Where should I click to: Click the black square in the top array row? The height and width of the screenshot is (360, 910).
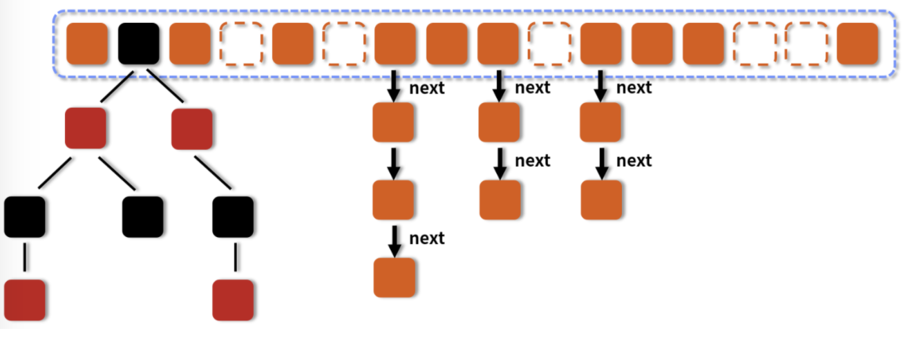pos(138,44)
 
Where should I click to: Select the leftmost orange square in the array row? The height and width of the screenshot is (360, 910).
pos(87,44)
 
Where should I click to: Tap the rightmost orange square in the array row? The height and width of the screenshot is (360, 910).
pos(857,44)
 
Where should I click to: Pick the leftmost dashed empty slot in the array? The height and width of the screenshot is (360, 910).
pos(241,44)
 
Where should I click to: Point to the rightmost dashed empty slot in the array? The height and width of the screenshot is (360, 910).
pos(806,44)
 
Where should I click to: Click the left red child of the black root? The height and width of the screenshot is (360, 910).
pos(86,128)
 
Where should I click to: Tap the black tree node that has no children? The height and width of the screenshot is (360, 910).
pos(142,216)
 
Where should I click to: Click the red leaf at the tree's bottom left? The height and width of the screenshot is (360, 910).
pos(25,300)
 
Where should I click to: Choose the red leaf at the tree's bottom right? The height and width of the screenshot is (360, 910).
pos(233,300)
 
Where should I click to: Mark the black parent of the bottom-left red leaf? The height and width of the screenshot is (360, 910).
pos(25,216)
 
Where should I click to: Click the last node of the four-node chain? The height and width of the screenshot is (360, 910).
pos(394,277)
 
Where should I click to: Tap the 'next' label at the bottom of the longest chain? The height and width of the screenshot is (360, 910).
pos(426,238)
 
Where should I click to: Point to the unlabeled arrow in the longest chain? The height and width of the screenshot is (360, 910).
pos(394,163)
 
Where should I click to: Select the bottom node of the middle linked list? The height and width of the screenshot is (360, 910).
pos(500,200)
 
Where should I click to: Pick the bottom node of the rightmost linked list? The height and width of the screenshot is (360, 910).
pos(601,200)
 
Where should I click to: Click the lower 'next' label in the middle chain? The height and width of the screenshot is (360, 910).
pos(532,160)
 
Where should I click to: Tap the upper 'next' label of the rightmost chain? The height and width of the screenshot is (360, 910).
pos(634,88)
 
